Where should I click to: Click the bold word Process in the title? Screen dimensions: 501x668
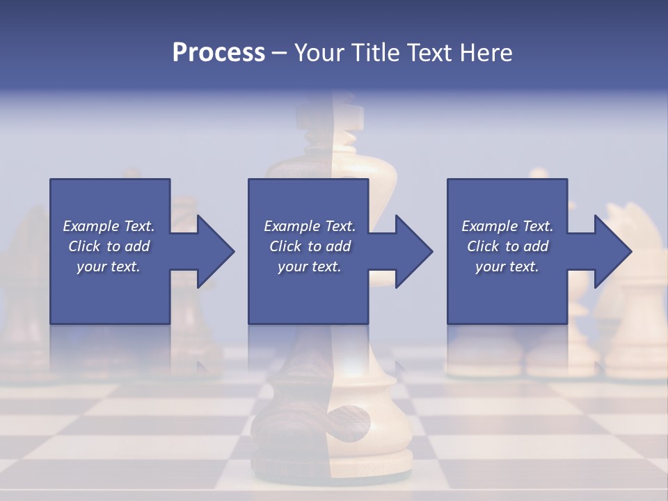pyautogui.click(x=218, y=53)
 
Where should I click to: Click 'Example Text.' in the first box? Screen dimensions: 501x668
pyautogui.click(x=109, y=226)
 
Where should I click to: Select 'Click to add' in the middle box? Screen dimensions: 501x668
pyautogui.click(x=310, y=246)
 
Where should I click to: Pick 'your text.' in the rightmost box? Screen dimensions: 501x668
pyautogui.click(x=507, y=267)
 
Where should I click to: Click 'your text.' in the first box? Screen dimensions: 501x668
pyautogui.click(x=109, y=267)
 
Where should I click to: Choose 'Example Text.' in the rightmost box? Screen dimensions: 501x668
pyautogui.click(x=507, y=226)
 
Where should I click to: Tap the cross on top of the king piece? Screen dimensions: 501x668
pyautogui.click(x=349, y=115)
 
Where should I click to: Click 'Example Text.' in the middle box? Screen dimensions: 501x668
pyautogui.click(x=310, y=226)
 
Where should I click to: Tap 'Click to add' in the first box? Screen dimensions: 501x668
pyautogui.click(x=109, y=246)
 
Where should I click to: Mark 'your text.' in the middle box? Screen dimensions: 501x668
pyautogui.click(x=310, y=267)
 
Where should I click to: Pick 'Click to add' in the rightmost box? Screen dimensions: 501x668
pyautogui.click(x=507, y=246)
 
